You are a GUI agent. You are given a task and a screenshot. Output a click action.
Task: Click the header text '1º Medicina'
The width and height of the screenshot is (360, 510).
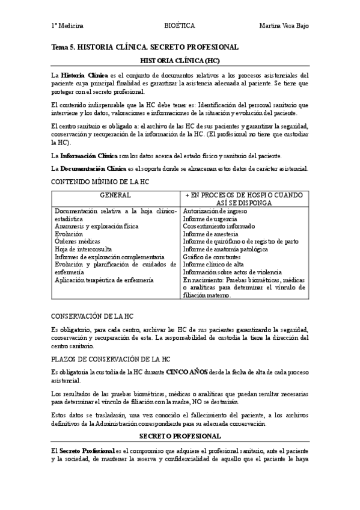tap(67, 26)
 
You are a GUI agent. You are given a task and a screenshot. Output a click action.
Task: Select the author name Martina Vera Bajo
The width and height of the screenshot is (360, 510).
tap(284, 26)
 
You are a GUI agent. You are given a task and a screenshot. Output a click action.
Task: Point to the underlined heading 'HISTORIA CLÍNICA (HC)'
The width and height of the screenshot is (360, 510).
tap(180, 61)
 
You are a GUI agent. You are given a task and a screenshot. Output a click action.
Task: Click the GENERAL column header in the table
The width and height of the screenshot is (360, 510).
tap(115, 196)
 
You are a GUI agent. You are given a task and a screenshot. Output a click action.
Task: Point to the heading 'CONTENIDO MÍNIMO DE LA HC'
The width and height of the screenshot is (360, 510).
tap(100, 181)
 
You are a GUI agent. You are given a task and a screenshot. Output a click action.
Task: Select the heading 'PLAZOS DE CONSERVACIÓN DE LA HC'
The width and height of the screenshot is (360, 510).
tap(111, 359)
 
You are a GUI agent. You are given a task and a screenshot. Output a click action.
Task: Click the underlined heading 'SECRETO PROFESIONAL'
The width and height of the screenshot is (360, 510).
tap(180, 435)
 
